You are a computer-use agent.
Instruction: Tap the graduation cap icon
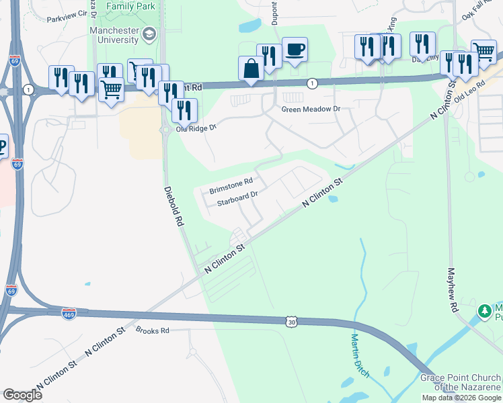(149, 34)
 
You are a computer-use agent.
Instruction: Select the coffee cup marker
(295, 50)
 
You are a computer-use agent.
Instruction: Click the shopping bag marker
(251, 68)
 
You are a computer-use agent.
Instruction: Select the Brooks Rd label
(152, 330)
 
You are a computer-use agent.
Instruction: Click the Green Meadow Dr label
(311, 108)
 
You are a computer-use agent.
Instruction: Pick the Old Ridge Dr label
(196, 128)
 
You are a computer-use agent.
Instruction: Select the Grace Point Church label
(461, 382)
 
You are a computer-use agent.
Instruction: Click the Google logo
(22, 395)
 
